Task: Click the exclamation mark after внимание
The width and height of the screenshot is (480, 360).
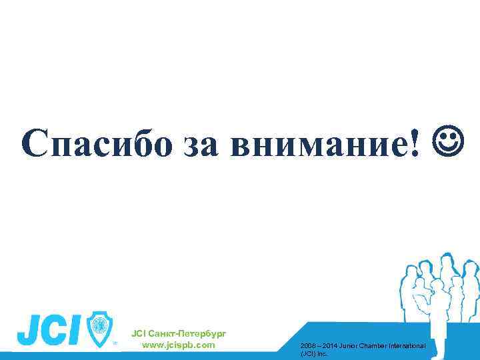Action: coord(417,140)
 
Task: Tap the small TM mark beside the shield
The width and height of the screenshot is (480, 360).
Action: coord(115,344)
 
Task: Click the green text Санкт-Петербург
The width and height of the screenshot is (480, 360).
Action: coord(189,333)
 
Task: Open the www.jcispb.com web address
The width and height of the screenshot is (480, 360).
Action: coord(179,345)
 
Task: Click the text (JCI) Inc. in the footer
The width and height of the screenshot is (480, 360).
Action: coord(315,353)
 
